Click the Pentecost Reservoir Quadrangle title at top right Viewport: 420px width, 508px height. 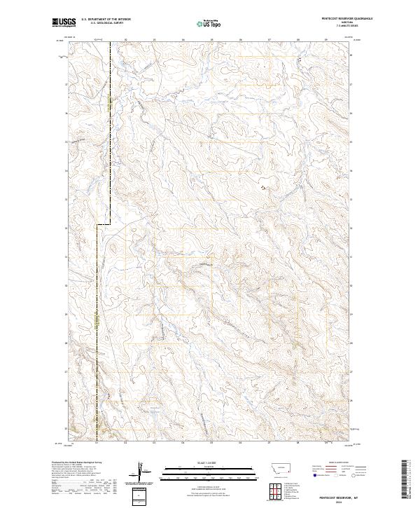(332, 20)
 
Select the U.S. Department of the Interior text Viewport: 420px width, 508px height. (106, 20)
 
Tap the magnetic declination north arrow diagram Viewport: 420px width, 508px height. (143, 471)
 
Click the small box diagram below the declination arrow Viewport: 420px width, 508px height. (143, 495)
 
